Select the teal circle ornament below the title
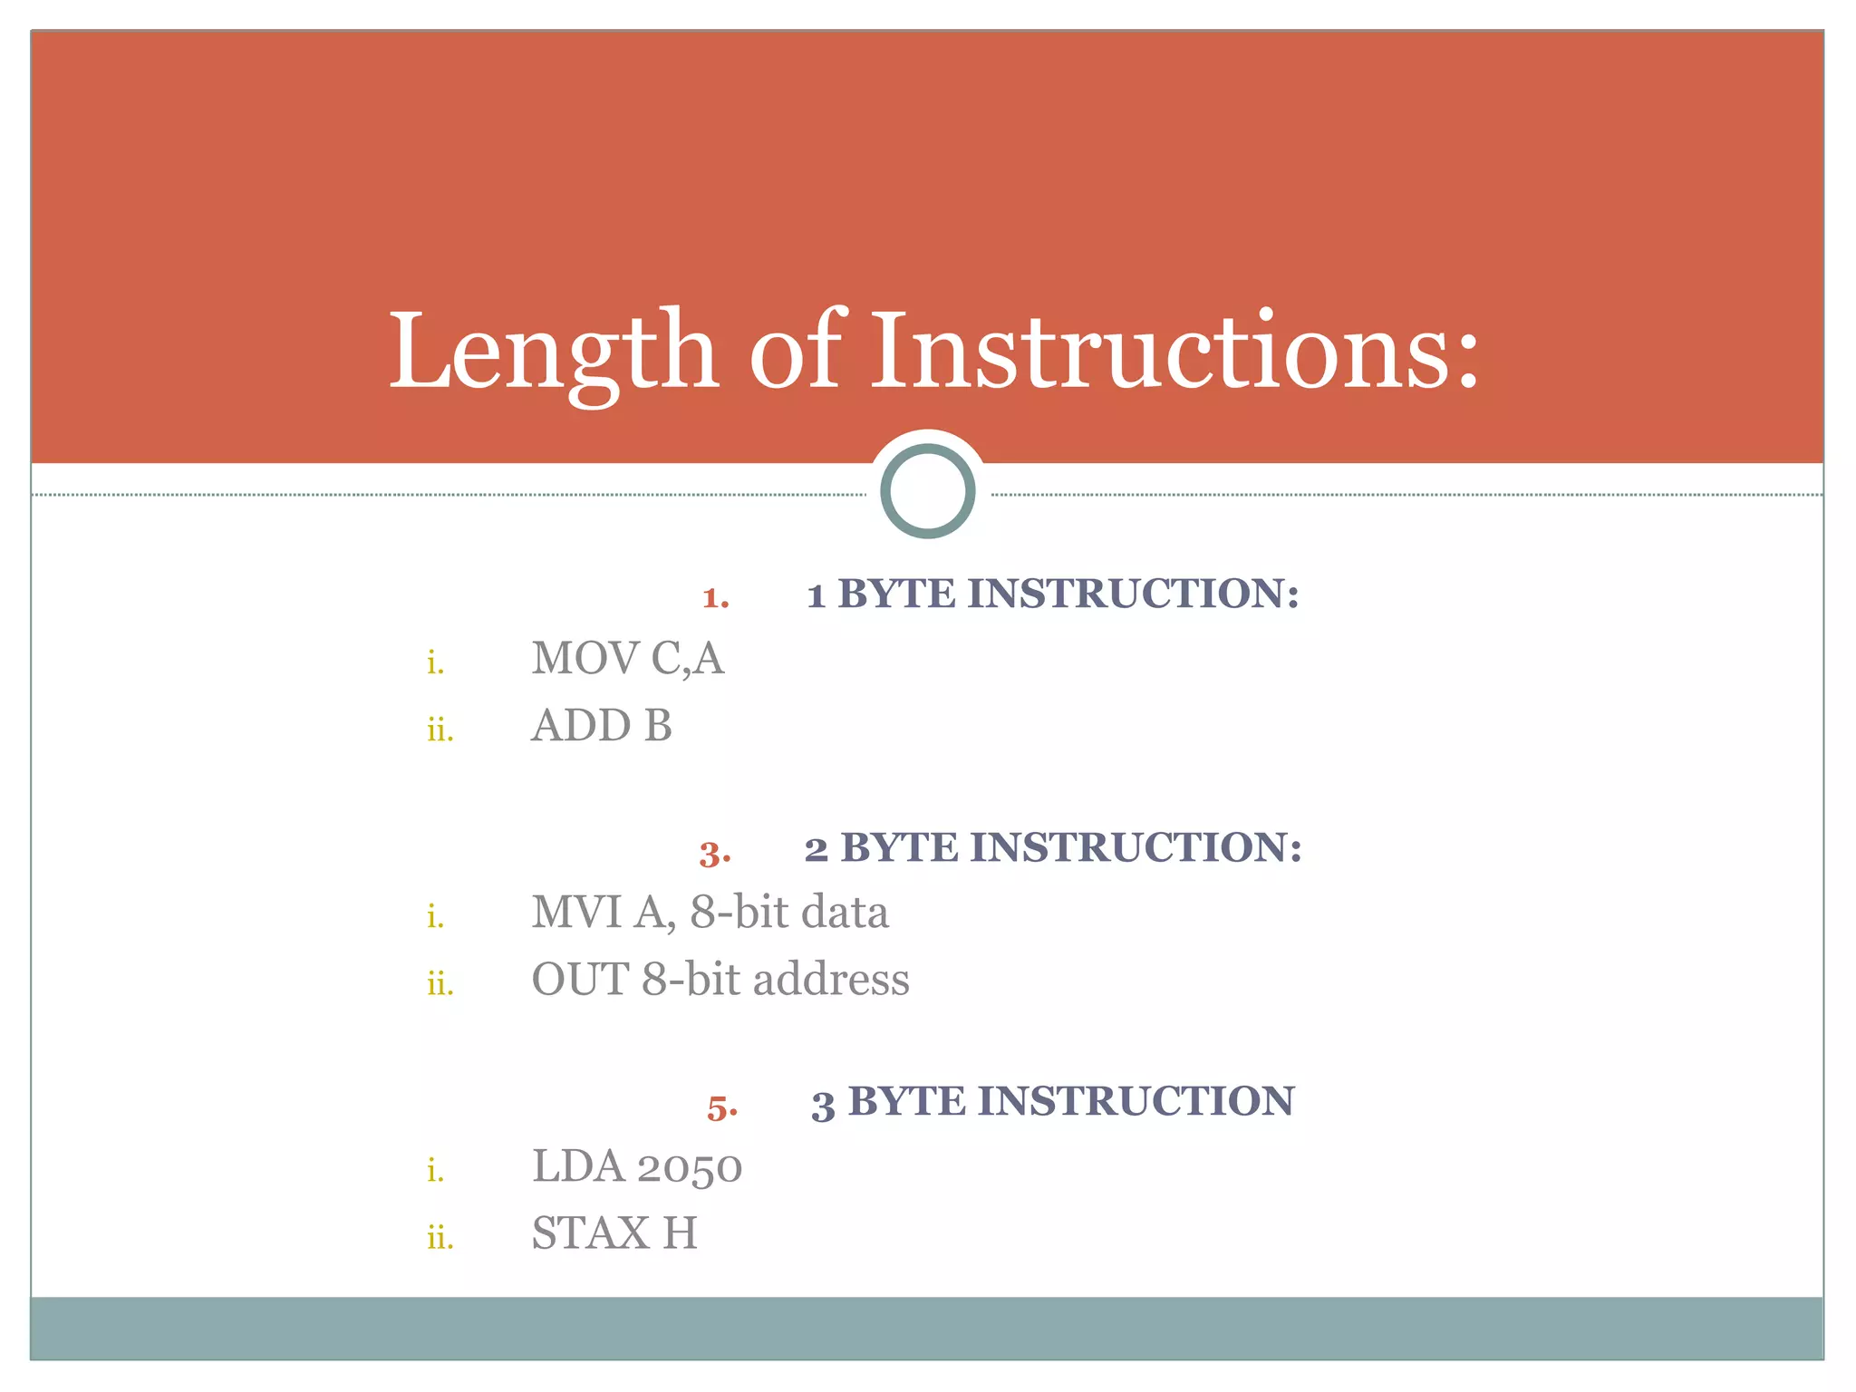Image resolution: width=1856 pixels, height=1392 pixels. click(927, 491)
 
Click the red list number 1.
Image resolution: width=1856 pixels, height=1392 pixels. click(715, 598)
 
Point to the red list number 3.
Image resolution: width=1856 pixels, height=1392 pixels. click(714, 854)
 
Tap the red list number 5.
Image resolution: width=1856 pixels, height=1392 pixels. click(721, 1107)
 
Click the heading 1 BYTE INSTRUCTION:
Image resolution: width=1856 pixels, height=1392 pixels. click(1052, 594)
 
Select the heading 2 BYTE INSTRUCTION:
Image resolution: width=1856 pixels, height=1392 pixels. click(1052, 848)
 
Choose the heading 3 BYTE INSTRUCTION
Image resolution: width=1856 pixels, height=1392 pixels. click(1052, 1102)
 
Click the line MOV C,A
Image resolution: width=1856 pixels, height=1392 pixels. click(627, 658)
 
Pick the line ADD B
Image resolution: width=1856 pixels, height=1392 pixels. click(601, 726)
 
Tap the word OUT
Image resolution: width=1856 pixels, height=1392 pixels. click(579, 980)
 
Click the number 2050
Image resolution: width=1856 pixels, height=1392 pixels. click(689, 1167)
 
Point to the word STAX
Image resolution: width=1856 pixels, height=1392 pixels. click(590, 1233)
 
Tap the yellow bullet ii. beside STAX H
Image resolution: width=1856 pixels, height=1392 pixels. click(440, 1237)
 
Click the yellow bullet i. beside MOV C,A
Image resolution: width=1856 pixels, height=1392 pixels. click(436, 663)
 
